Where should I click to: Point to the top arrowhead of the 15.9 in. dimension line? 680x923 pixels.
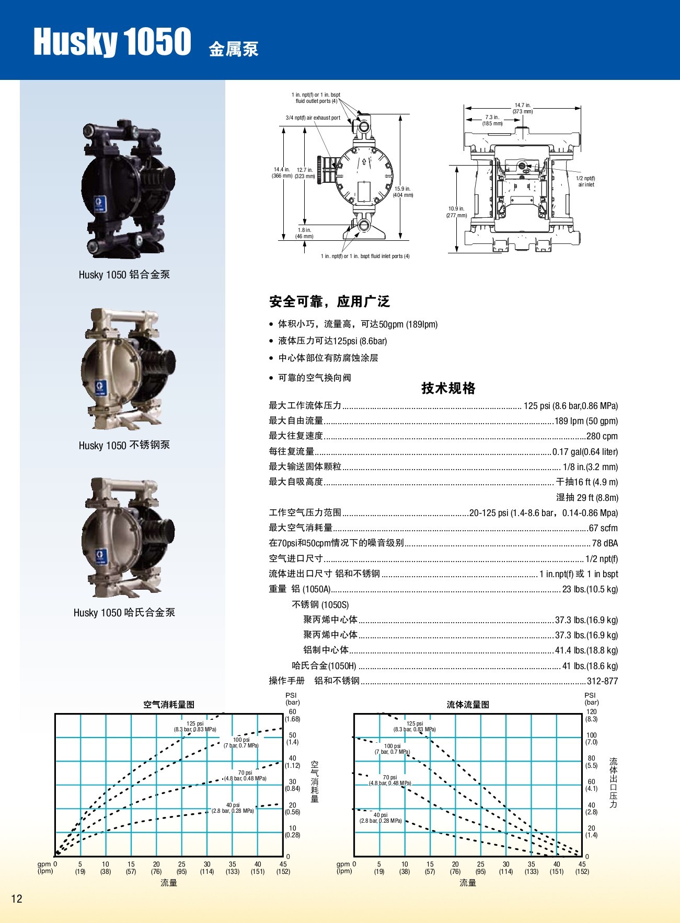click(x=400, y=114)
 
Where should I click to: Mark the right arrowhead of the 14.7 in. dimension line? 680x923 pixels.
click(x=580, y=108)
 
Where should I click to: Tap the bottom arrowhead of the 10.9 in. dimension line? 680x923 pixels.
click(x=457, y=252)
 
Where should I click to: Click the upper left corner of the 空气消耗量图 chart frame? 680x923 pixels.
click(x=55, y=714)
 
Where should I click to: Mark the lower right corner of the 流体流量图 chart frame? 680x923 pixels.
click(x=582, y=856)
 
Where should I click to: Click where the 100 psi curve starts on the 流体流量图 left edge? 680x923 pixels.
click(x=354, y=737)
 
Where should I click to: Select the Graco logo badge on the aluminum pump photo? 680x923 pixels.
click(x=100, y=203)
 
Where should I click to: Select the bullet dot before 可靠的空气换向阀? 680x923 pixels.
click(x=271, y=378)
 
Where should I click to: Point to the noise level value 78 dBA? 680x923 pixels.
click(x=605, y=543)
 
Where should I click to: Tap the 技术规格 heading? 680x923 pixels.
click(x=448, y=388)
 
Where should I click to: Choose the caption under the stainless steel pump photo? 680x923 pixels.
click(x=124, y=445)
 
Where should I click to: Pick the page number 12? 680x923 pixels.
click(x=17, y=898)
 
